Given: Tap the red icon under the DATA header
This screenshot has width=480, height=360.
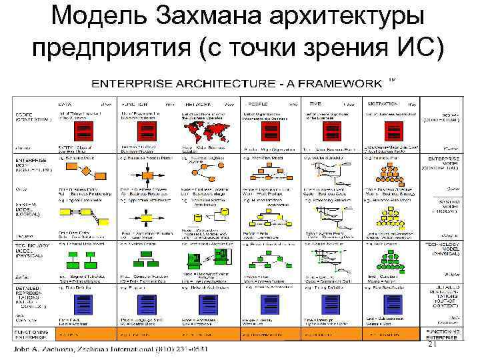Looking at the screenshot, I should [x=85, y=129].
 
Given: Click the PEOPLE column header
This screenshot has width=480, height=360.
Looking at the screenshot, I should [x=256, y=104].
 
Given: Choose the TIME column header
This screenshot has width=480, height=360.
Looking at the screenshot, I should [x=315, y=104].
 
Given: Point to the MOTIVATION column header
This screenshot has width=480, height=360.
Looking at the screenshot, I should [x=383, y=104].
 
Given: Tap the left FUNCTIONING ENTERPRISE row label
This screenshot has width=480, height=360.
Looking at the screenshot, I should [x=31, y=333].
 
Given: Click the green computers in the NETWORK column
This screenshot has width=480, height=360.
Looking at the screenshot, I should [x=203, y=261].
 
